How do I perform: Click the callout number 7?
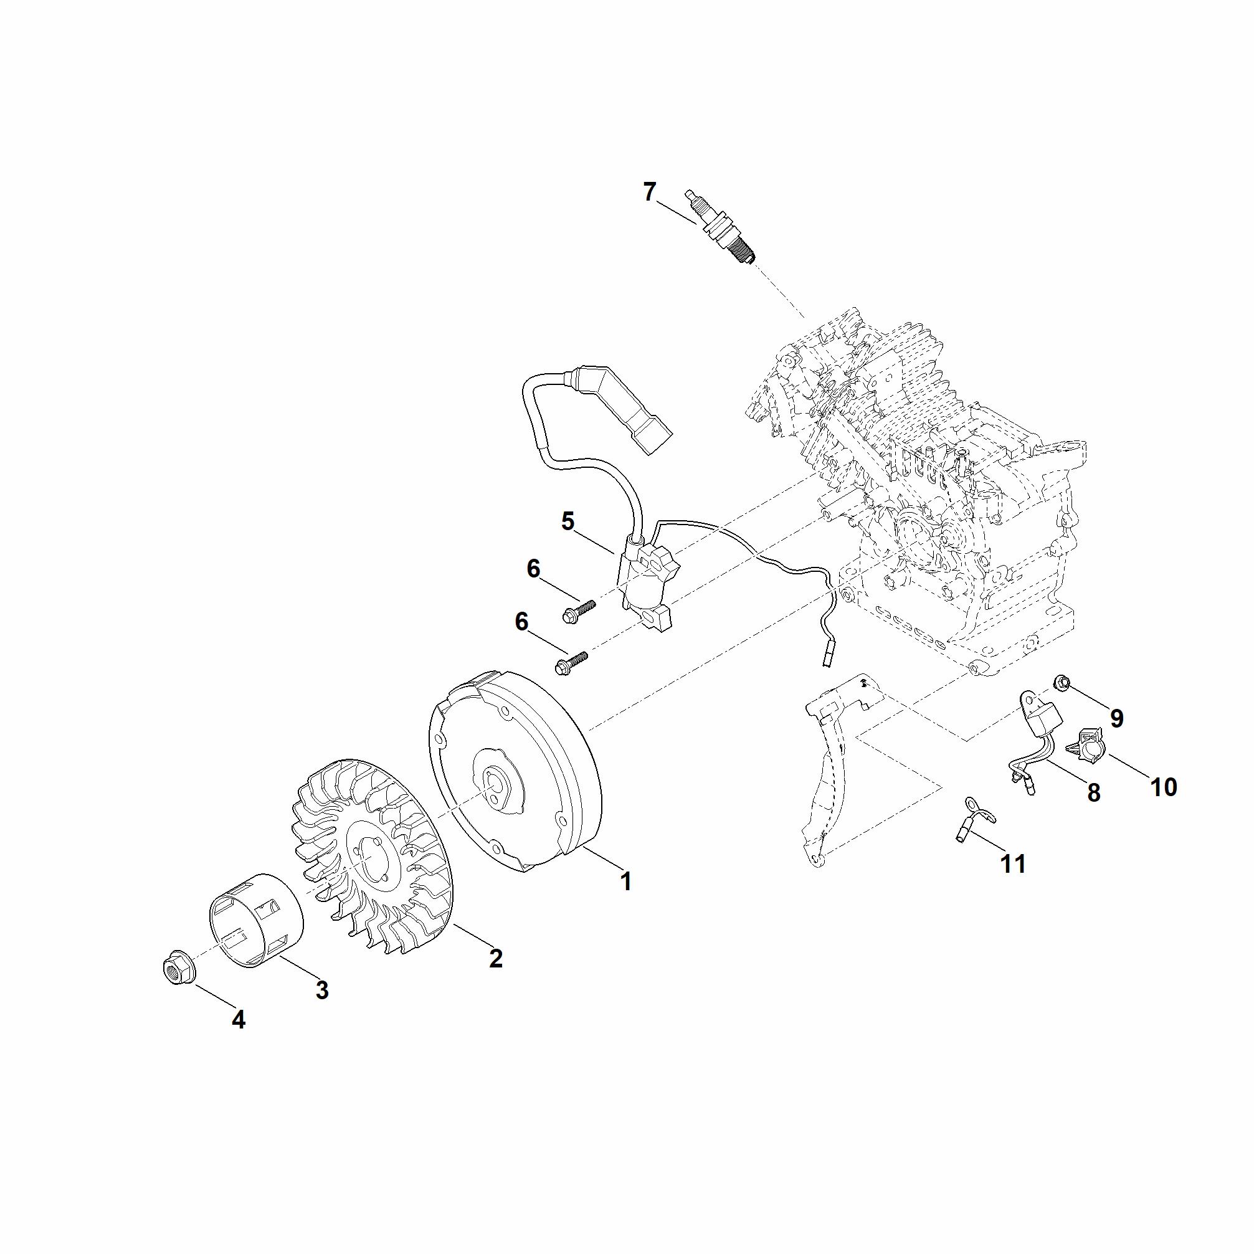(650, 192)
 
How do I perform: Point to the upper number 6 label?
(533, 569)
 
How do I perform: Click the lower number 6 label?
(521, 622)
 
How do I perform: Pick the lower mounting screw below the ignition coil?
(570, 663)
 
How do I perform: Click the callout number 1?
(625, 881)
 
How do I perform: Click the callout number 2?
(496, 958)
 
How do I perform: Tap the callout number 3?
(322, 990)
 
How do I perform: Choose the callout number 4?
(238, 1020)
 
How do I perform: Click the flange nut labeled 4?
(179, 973)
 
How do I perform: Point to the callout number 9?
(1116, 718)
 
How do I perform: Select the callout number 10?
(1163, 787)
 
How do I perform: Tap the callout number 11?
(1013, 864)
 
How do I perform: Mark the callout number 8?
(1094, 792)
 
